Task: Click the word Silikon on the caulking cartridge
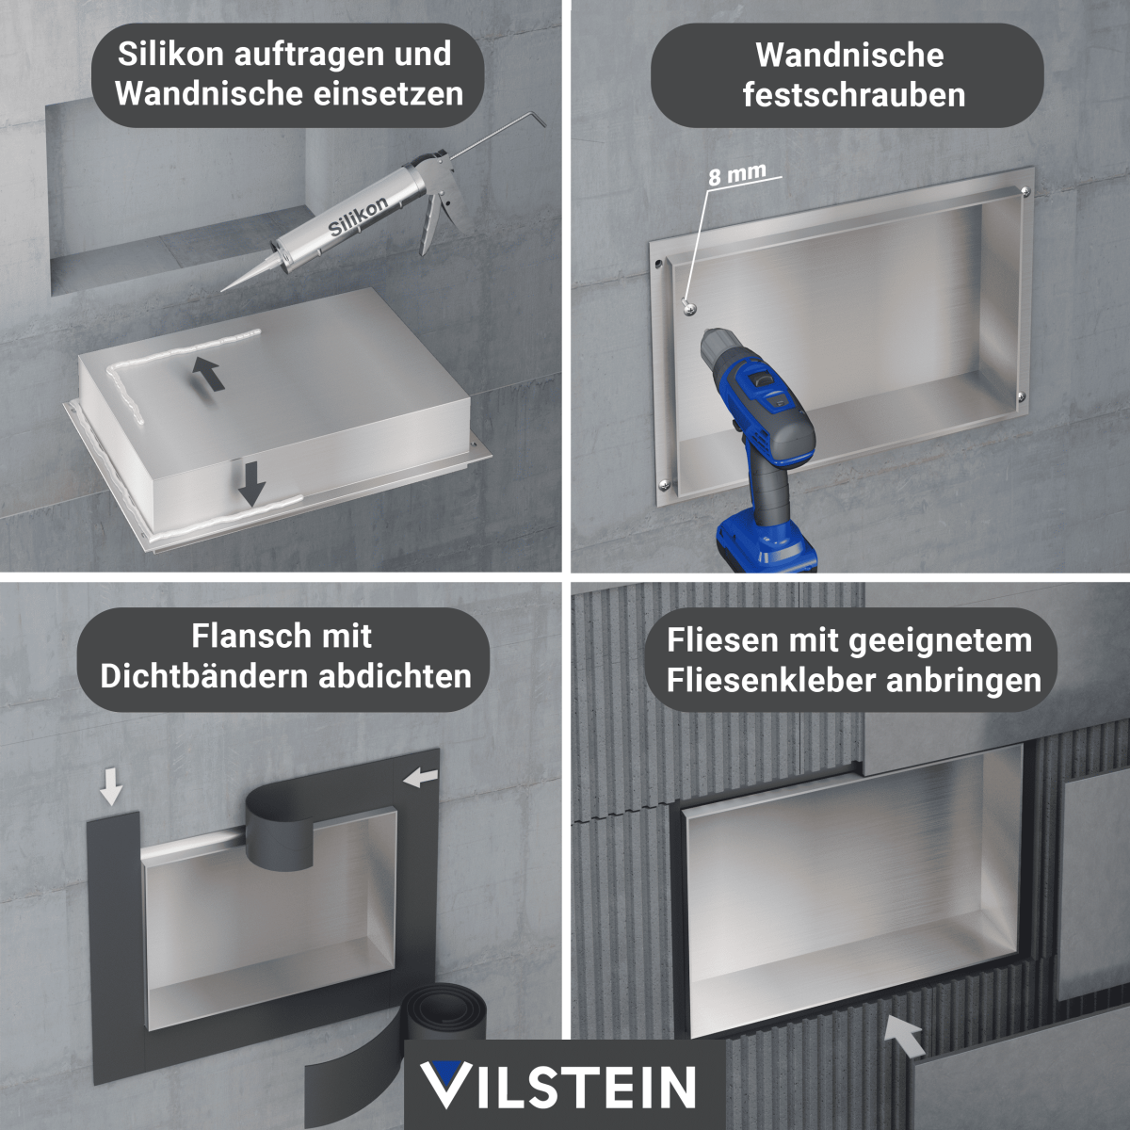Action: tap(357, 216)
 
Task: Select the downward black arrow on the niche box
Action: tap(251, 484)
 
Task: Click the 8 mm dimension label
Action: tap(736, 174)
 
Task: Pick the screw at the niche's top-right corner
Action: tap(1025, 190)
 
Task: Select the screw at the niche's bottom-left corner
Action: tap(665, 484)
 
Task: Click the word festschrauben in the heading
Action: tap(854, 95)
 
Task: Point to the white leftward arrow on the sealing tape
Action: tap(420, 778)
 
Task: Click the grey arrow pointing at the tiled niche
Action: tap(905, 1036)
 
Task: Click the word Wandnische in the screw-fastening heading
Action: tap(849, 56)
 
